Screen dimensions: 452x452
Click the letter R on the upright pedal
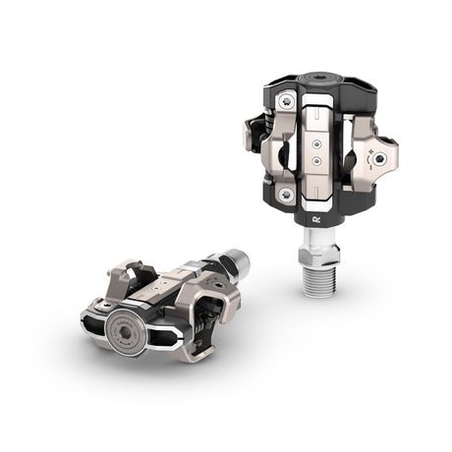[317, 209]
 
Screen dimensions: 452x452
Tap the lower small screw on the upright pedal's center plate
[317, 155]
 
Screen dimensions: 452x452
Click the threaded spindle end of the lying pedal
[237, 263]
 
